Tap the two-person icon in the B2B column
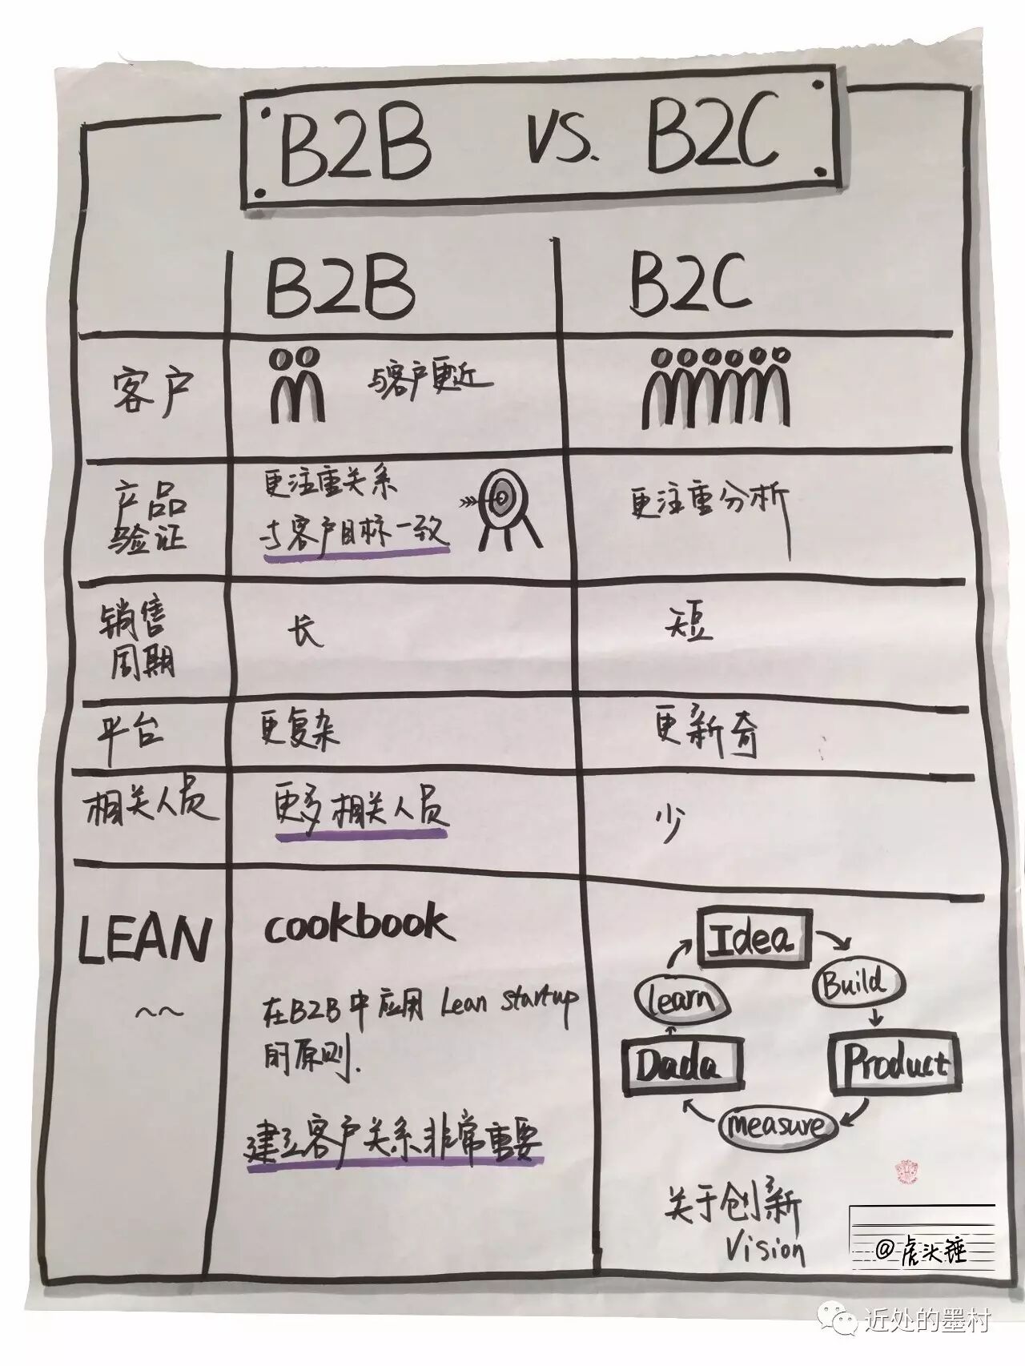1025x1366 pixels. point(298,386)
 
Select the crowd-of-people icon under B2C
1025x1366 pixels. point(717,388)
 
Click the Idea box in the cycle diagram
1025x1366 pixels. point(754,936)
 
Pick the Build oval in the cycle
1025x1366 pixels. point(857,982)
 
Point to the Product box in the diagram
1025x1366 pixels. point(894,1063)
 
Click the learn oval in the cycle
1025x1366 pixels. point(681,998)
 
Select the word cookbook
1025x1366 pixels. point(356,925)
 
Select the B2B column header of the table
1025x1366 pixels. point(340,286)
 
